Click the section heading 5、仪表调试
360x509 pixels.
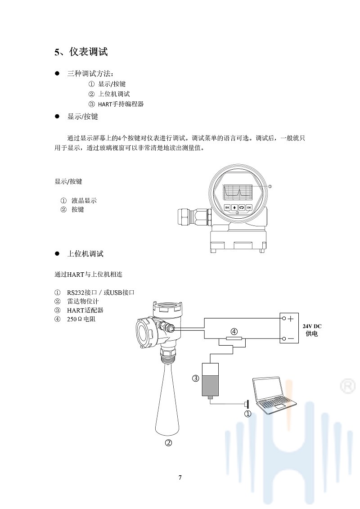[x=81, y=52]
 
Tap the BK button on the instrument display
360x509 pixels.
[x=227, y=207]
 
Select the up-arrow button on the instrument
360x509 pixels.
[x=234, y=207]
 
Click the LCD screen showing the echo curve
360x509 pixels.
[x=238, y=192]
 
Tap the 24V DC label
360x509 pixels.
[x=312, y=326]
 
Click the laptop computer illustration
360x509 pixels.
[x=275, y=396]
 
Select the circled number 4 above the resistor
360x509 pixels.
[x=234, y=331]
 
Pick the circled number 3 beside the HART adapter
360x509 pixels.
[x=195, y=378]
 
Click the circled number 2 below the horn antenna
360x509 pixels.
[x=168, y=442]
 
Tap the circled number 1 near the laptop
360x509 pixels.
[x=247, y=414]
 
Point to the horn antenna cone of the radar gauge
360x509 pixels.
[x=167, y=399]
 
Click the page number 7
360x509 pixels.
[x=180, y=477]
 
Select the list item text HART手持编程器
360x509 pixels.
[x=121, y=104]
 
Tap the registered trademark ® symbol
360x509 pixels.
[x=348, y=386]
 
